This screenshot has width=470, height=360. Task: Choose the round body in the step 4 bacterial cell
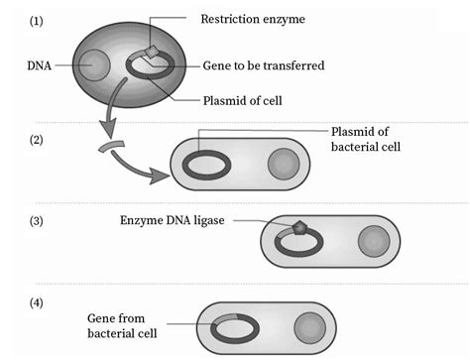pyautogui.click(x=310, y=325)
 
